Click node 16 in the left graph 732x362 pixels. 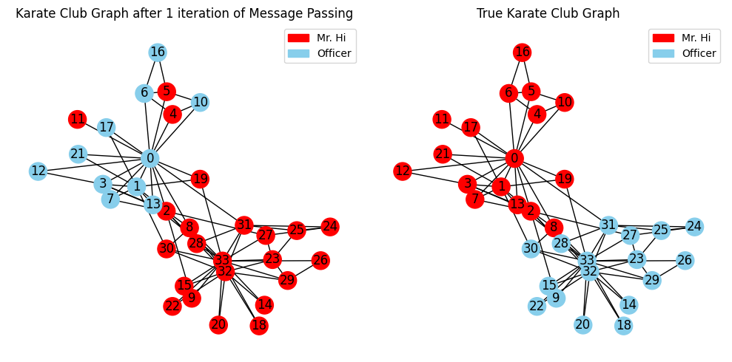click(x=158, y=52)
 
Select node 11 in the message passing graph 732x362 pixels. click(x=78, y=120)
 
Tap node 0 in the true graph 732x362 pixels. click(x=514, y=159)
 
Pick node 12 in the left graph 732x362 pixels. click(x=38, y=171)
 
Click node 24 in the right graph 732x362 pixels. click(x=695, y=227)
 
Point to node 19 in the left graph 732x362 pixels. click(x=200, y=179)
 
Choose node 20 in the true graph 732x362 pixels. click(x=582, y=324)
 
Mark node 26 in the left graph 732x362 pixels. click(x=320, y=261)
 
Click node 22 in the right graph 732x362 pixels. click(x=537, y=306)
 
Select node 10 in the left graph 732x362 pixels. click(x=200, y=102)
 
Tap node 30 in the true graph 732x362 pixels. click(x=531, y=249)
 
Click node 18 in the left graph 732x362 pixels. click(x=259, y=325)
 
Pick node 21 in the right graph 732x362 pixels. click(x=443, y=154)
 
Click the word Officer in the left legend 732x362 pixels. click(x=334, y=53)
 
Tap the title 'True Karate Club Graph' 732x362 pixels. click(x=548, y=13)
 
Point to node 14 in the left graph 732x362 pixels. click(x=264, y=304)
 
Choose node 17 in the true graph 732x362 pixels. click(x=471, y=127)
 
